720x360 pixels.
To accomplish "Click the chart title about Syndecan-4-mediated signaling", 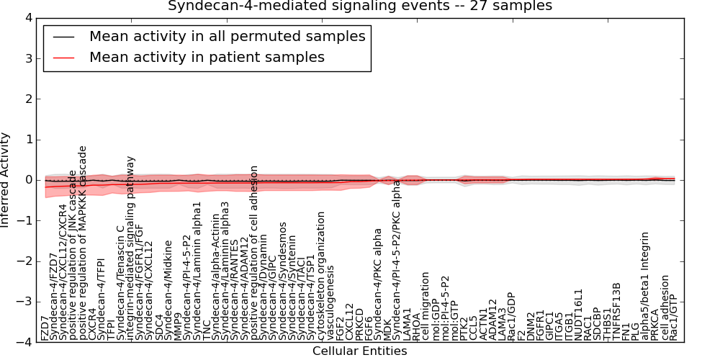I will pos(360,6).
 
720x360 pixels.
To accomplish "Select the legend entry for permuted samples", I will pos(227,36).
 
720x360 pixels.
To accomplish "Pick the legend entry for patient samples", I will pos(207,57).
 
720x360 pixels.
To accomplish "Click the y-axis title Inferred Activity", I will pos(6,180).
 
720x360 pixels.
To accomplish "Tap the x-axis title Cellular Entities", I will pos(360,351).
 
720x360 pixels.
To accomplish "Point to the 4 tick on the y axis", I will pos(27,18).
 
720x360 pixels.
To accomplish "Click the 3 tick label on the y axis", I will pos(27,58).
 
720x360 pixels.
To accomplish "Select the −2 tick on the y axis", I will pos(24,262).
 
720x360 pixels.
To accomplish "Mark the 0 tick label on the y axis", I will pos(27,181).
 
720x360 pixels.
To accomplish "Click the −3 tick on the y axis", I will pos(24,302).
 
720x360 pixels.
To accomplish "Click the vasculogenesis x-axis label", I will pos(330,302).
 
